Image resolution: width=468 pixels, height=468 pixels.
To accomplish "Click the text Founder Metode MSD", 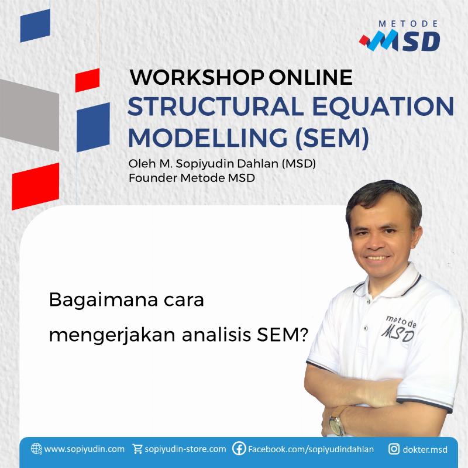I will tap(192, 178).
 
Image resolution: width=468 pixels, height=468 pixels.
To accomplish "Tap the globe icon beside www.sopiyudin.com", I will tap(36, 449).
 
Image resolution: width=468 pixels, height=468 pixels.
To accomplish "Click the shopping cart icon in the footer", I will tap(137, 449).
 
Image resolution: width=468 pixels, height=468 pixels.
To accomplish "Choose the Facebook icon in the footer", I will tap(239, 449).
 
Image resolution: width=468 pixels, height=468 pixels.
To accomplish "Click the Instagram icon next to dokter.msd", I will tap(394, 449).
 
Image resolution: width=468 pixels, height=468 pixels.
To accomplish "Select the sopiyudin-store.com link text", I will tap(185, 449).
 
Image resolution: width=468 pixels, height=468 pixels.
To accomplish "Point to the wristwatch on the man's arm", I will tap(337, 424).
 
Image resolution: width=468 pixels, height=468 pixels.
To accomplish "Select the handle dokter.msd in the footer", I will tap(425, 449).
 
